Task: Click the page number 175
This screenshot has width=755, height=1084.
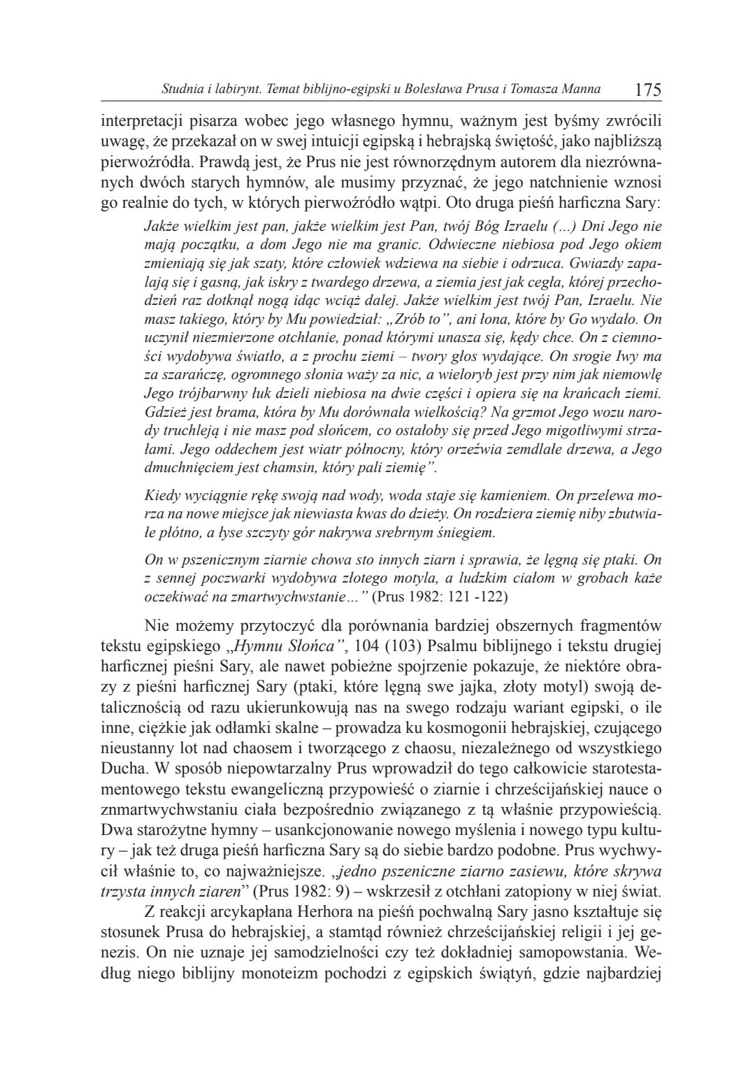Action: click(x=647, y=90)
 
